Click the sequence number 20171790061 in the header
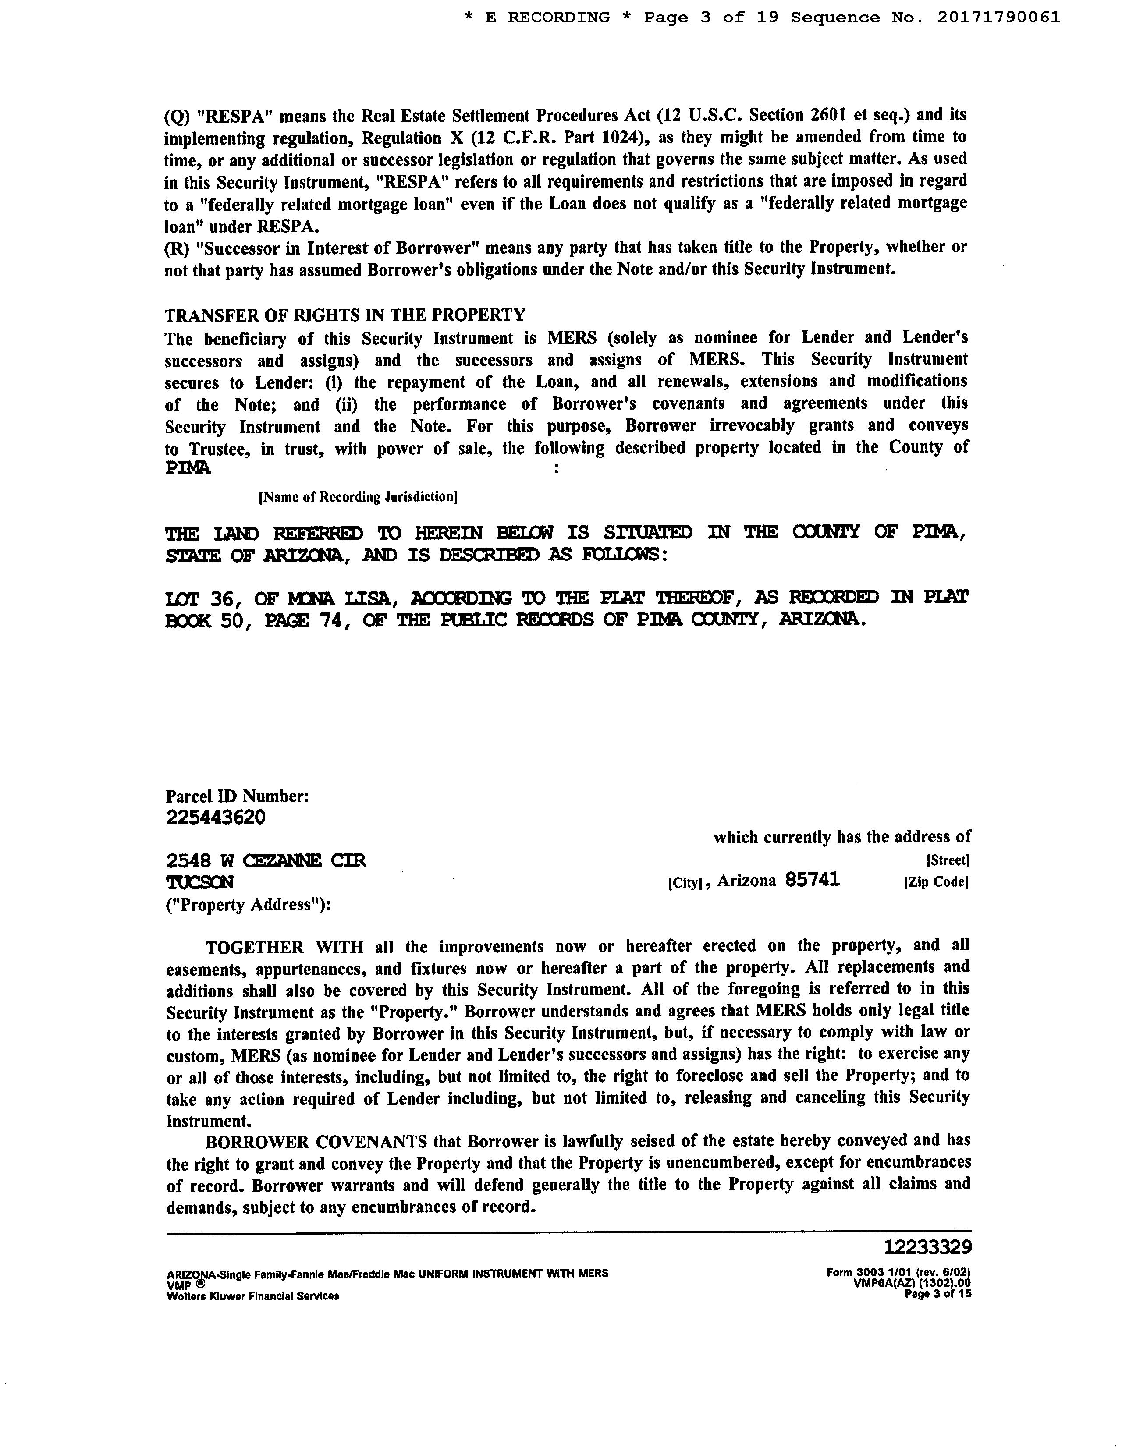[998, 18]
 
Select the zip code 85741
[812, 880]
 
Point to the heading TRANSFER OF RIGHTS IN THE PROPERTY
[345, 314]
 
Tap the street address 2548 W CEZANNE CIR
[266, 861]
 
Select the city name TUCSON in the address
[199, 883]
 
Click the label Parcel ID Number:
[237, 796]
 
